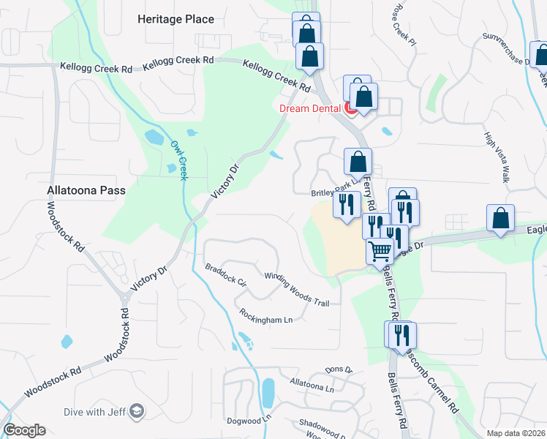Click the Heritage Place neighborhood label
[176, 19]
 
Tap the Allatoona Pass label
[86, 190]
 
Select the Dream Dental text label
[311, 109]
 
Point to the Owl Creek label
[179, 158]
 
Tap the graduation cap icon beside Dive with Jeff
[136, 413]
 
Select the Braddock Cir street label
[227, 275]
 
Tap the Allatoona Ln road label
[312, 386]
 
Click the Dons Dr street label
[339, 370]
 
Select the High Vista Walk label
[497, 157]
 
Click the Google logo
[24, 430]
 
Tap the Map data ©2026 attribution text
[516, 433]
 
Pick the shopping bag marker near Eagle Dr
[500, 217]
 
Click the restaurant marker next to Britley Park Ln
[346, 203]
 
